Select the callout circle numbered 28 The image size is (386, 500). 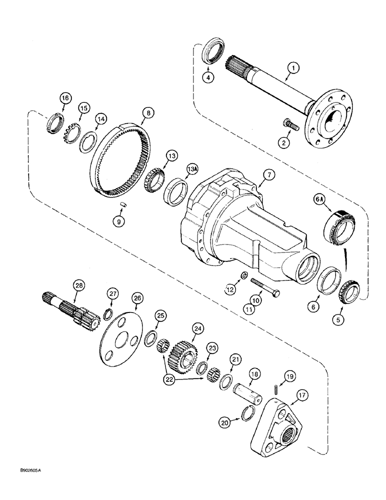pyautogui.click(x=78, y=285)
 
